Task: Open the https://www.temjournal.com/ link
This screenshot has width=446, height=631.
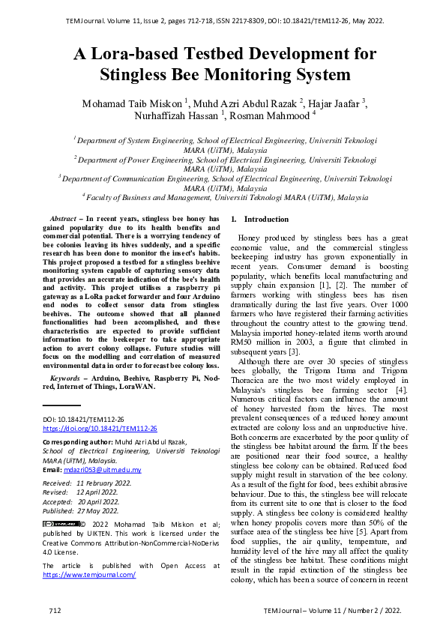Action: pyautogui.click(x=88, y=575)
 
